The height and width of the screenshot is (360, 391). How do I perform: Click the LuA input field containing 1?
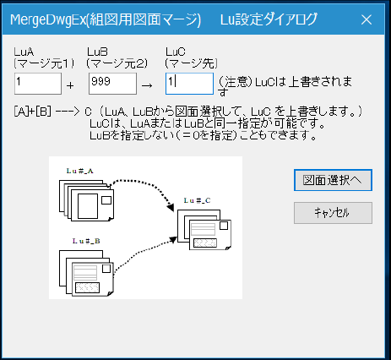point(38,84)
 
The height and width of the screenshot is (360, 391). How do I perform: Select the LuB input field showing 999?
point(112,84)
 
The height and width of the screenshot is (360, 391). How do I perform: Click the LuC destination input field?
point(189,84)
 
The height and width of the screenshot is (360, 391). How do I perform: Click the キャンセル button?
point(333,213)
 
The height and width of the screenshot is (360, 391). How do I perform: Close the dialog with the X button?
point(367,19)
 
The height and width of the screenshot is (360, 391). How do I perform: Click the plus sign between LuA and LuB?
point(70,85)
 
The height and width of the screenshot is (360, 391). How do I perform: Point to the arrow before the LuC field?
point(147,85)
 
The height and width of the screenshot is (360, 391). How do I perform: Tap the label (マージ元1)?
point(44,63)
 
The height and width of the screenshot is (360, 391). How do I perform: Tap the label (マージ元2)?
point(117,63)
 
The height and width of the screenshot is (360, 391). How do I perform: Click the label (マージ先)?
point(192,63)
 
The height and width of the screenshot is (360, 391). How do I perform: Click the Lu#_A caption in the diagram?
point(80,171)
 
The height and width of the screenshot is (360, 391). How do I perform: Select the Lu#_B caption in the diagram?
point(86,241)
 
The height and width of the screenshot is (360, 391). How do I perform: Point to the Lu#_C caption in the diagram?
point(197,200)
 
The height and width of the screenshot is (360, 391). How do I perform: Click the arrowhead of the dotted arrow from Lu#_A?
point(171,207)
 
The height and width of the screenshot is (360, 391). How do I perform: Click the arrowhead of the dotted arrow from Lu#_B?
point(172,240)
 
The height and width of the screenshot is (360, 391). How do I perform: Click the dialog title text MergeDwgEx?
point(48,20)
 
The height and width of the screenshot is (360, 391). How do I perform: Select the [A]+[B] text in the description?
point(33,112)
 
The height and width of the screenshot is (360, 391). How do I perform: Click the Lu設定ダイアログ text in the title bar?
point(269,19)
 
